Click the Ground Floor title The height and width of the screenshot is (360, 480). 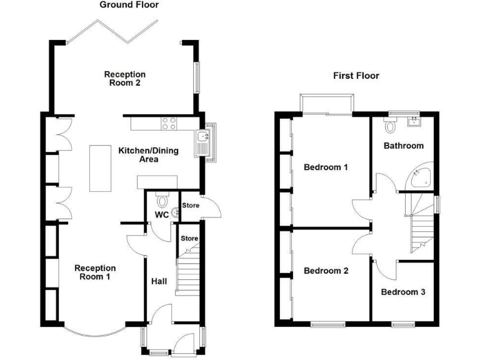[129, 5]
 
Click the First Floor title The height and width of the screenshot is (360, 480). [356, 76]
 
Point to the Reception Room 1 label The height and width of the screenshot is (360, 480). [95, 272]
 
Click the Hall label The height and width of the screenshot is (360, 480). [159, 282]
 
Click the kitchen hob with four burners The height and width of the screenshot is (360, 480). [168, 124]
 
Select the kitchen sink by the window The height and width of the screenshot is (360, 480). [204, 141]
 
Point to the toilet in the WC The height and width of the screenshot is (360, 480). [162, 201]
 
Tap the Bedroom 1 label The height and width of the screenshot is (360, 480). [325, 167]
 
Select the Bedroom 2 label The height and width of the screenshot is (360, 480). [325, 271]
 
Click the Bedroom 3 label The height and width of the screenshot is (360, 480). [403, 292]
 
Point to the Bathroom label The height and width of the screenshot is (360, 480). [403, 146]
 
